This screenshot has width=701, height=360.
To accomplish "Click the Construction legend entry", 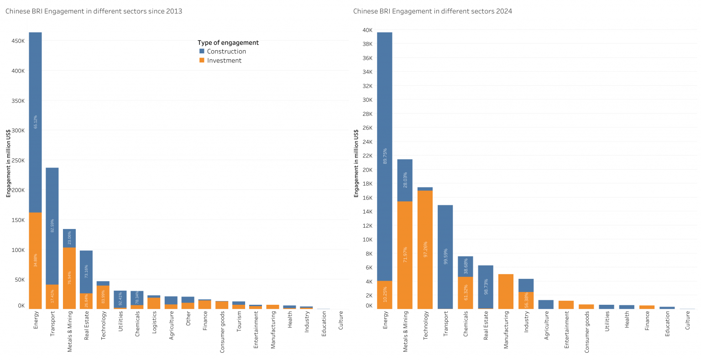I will click(x=226, y=52).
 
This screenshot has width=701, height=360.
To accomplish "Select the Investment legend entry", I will click(x=224, y=61).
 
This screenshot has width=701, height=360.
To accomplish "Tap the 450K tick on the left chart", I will click(x=18, y=41).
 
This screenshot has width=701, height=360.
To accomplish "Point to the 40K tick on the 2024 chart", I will click(x=367, y=30).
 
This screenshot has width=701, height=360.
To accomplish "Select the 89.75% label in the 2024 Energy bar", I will click(x=385, y=156).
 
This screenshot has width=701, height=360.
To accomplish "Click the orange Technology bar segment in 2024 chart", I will click(x=425, y=249).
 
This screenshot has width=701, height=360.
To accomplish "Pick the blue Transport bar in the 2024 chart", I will click(x=445, y=257).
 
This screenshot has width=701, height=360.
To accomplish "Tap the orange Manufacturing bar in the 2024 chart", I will click(x=506, y=292).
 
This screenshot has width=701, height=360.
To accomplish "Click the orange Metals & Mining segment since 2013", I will click(x=69, y=278).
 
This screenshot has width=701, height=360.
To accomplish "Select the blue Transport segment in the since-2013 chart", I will click(x=52, y=226).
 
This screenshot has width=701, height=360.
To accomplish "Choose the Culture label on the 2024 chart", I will click(x=688, y=320).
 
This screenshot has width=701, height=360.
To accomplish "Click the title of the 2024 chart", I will click(x=432, y=11).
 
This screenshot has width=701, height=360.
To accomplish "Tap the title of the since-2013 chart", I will click(x=94, y=11).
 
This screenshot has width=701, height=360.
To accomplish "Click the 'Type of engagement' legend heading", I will click(x=228, y=42).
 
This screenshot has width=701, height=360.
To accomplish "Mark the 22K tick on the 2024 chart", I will click(x=367, y=156).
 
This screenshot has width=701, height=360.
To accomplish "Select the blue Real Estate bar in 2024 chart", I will click(x=486, y=287).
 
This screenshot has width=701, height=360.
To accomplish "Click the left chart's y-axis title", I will click(x=8, y=163).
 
